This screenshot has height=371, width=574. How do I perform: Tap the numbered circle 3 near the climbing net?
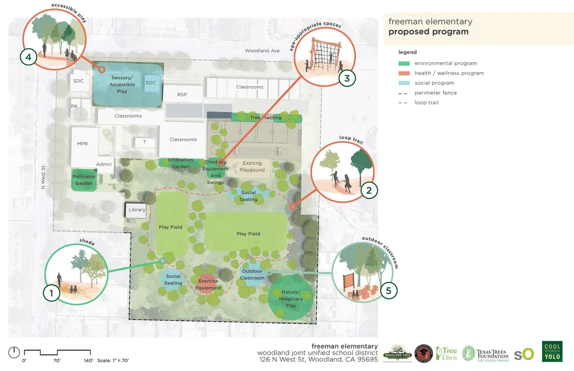(x=347, y=78)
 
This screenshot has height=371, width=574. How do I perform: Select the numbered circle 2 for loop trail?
(x=369, y=190)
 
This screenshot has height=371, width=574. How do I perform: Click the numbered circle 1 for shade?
(x=52, y=293)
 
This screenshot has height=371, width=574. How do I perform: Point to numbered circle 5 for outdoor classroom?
(x=389, y=290)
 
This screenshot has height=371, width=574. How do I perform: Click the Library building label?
(x=137, y=210)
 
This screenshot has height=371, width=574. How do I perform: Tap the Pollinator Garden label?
(x=84, y=180)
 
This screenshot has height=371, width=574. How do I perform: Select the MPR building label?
(x=82, y=144)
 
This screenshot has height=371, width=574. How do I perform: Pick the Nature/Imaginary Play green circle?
(x=291, y=299)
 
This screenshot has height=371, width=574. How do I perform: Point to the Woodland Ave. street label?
(x=262, y=50)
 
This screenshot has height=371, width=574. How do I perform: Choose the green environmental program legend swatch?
(x=404, y=64)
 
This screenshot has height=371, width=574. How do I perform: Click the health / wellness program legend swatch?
(x=404, y=73)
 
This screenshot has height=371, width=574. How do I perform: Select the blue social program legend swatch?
(x=404, y=83)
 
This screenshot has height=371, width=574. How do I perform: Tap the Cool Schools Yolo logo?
(x=552, y=352)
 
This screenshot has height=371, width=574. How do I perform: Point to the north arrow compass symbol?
(x=14, y=352)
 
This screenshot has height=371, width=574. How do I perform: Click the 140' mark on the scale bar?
(x=88, y=361)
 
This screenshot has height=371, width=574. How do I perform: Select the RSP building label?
(x=182, y=95)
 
